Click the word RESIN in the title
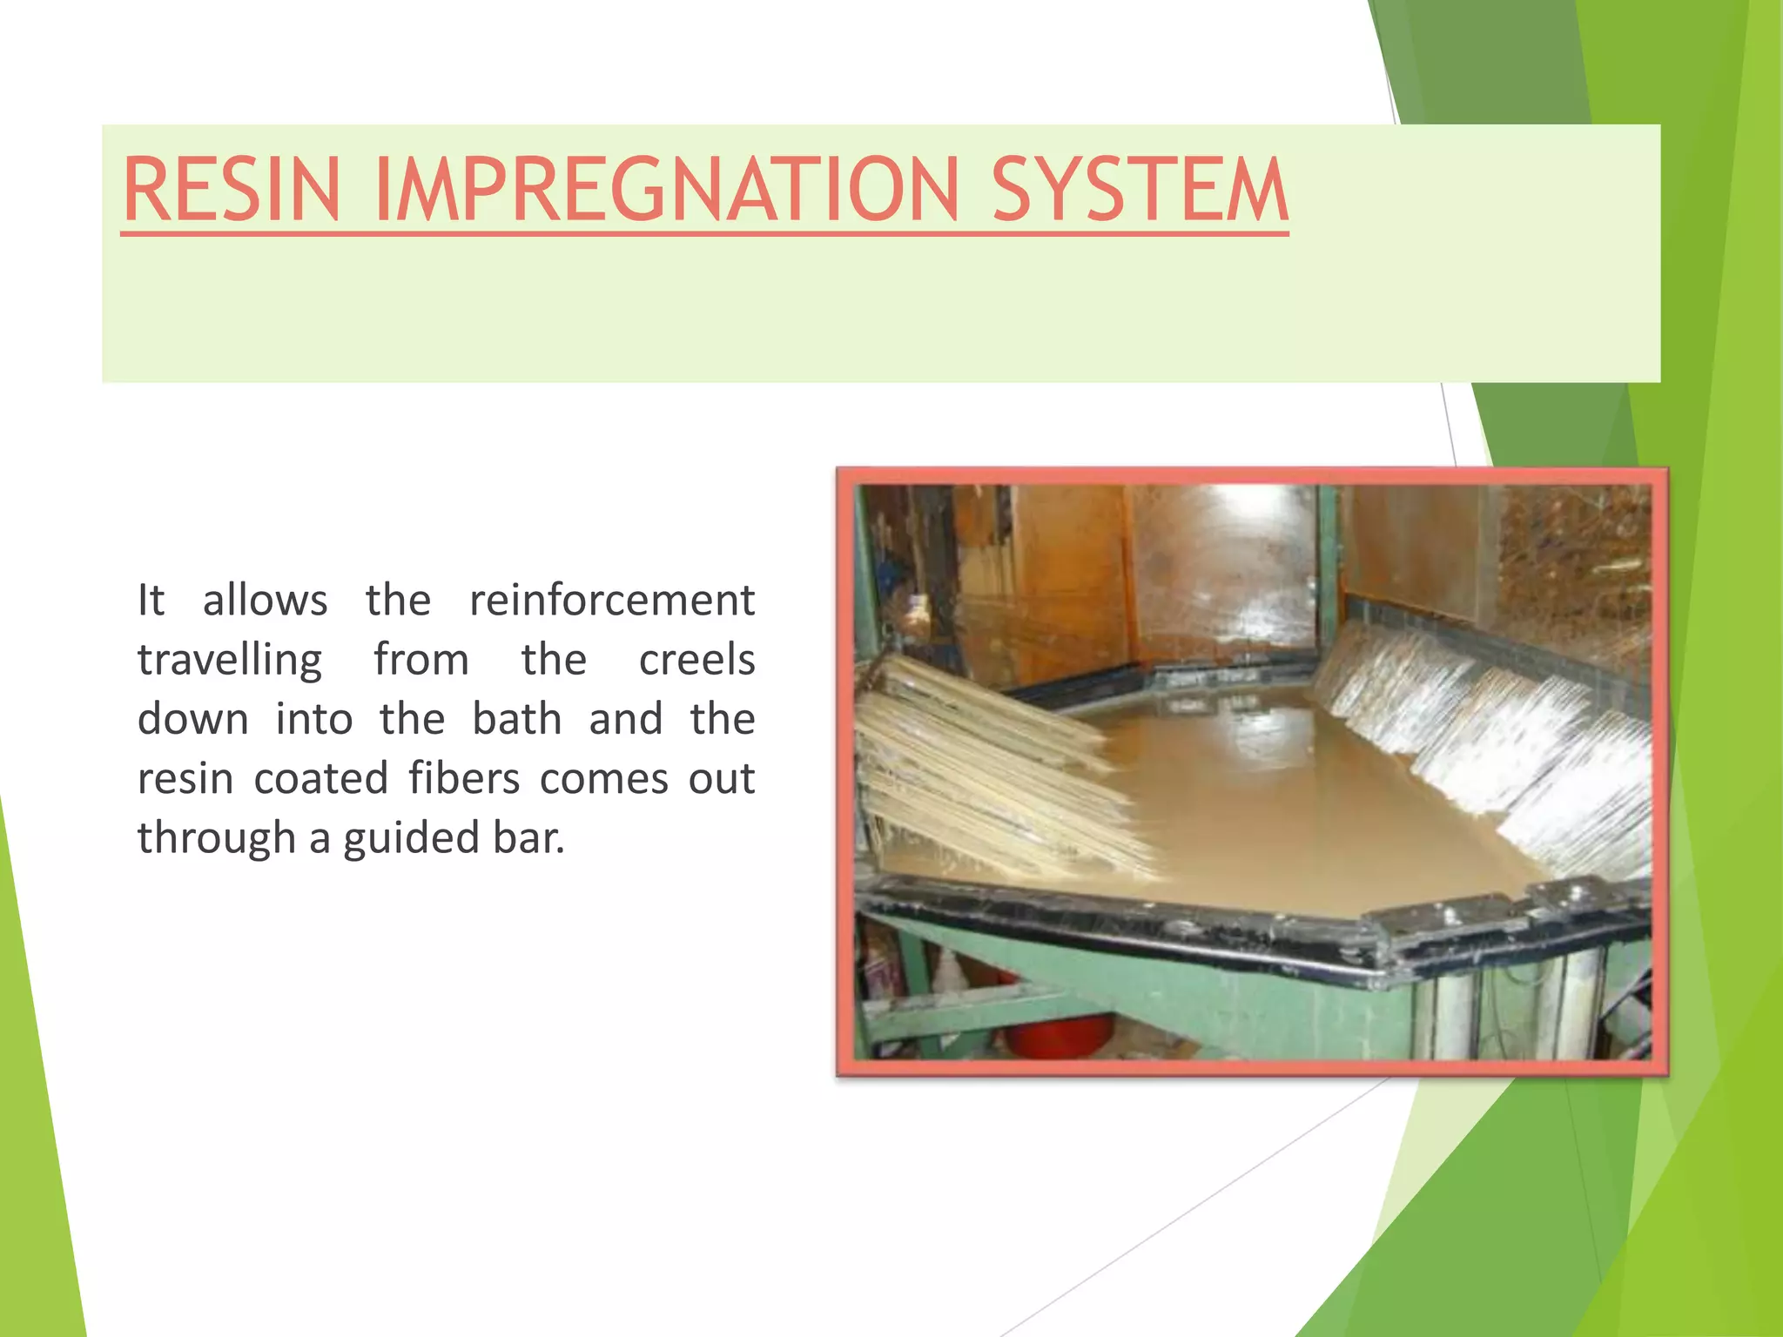pos(231,190)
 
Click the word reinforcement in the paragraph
pos(611,601)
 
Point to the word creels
pos(696,660)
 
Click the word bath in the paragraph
pos(516,719)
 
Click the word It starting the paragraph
pos(151,601)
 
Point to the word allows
pos(265,601)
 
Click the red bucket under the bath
pos(1058,1036)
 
